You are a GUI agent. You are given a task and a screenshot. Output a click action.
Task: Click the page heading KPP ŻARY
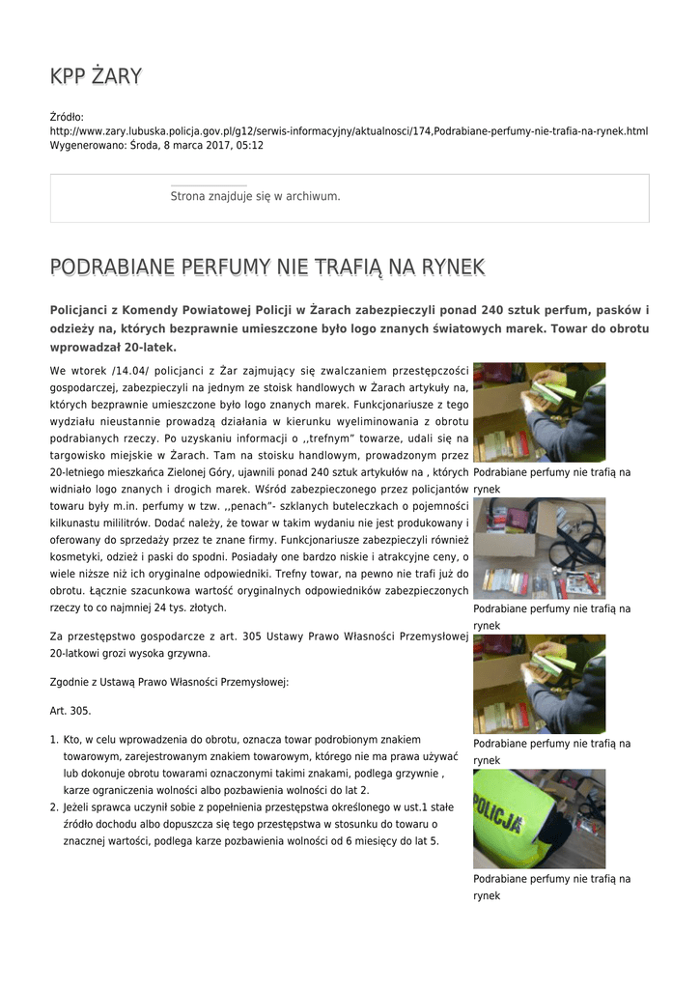[96, 75]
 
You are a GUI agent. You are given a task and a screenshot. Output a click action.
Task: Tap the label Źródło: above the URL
[67, 116]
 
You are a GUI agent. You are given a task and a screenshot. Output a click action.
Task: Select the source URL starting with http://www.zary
[349, 130]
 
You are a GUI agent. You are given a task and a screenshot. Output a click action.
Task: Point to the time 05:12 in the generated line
[249, 145]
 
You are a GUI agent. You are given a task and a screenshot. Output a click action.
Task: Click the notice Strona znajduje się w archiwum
[255, 196]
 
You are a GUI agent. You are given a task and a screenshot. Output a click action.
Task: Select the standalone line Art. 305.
[70, 710]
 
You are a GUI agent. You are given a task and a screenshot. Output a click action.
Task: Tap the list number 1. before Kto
[54, 739]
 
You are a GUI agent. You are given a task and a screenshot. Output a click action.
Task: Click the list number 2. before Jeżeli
[54, 806]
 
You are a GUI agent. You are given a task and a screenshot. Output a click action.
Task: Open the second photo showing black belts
[539, 548]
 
